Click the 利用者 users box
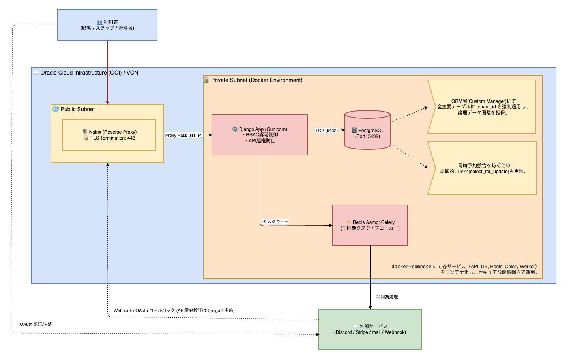pos(107,25)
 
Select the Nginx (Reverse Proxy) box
pos(109,135)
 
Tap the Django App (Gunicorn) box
pos(260,135)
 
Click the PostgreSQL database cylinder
pos(368,130)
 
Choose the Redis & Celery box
pos(370,225)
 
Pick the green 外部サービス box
pos(370,329)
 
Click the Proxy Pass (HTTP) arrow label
pos(183,135)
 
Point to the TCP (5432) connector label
pos(326,131)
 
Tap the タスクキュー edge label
pos(275,222)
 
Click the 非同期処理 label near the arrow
pos(387,297)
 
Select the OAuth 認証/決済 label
pos(36,324)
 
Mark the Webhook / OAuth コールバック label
pos(174,310)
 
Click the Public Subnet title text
pos(77,109)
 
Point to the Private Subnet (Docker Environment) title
pos(256,80)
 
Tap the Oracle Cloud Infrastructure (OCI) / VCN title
pos(89,73)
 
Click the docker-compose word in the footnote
pos(411,267)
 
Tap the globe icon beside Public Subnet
pos(56,109)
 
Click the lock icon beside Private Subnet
pos(206,80)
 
